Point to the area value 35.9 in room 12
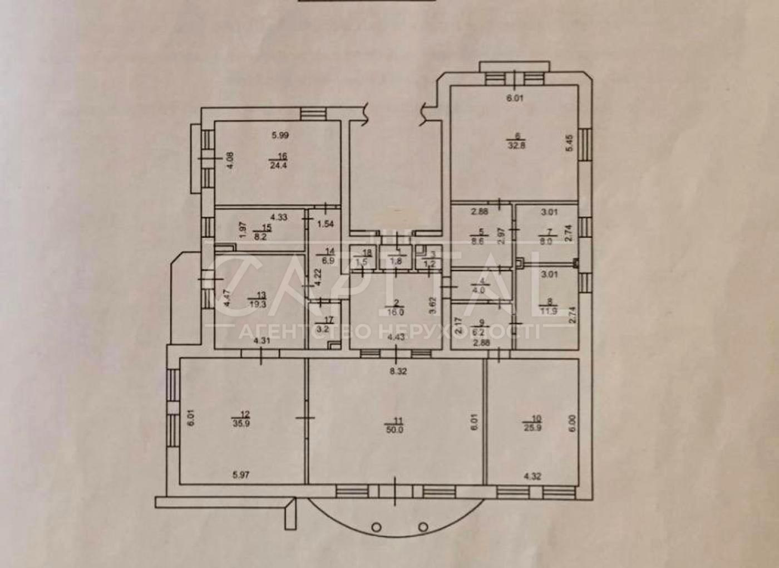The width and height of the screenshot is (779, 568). tap(244, 422)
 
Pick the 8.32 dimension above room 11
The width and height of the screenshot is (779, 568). tap(398, 371)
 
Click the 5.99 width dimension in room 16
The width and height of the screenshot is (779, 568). tap(280, 135)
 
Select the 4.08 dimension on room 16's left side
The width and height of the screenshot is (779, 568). tap(230, 161)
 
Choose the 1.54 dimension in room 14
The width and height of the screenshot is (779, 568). tap(326, 225)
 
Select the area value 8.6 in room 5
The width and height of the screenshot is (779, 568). tap(477, 242)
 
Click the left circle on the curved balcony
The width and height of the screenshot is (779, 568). tap(377, 526)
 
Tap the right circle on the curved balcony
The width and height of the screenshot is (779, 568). tap(423, 526)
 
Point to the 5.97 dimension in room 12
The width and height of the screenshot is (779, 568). tap(241, 475)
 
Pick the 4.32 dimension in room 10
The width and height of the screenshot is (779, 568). tap(533, 476)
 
